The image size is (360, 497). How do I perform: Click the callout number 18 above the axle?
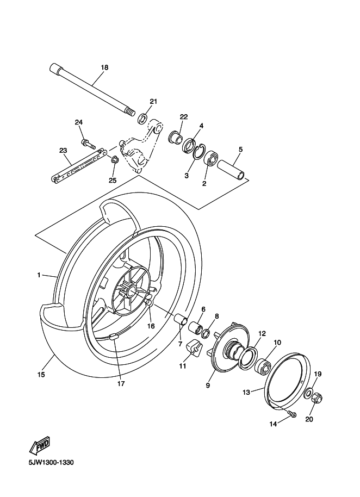coord(104,67)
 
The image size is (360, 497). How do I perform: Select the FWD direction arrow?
coord(40,446)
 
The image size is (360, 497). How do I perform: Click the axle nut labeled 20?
coord(318,399)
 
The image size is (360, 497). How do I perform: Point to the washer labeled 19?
coord(308,393)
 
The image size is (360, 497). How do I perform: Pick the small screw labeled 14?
coord(293,415)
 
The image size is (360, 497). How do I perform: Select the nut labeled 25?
coord(115,160)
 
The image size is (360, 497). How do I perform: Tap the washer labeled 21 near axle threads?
coord(142,117)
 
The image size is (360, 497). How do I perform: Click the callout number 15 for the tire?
coord(41,375)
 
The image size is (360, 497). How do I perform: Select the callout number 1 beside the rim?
coord(39,275)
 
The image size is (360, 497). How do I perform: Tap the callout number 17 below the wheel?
coord(121,384)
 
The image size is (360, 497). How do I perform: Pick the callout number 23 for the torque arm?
coord(63,151)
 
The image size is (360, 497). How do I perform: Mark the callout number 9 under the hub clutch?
coord(208,386)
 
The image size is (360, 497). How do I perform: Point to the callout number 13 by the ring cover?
coord(245,391)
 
